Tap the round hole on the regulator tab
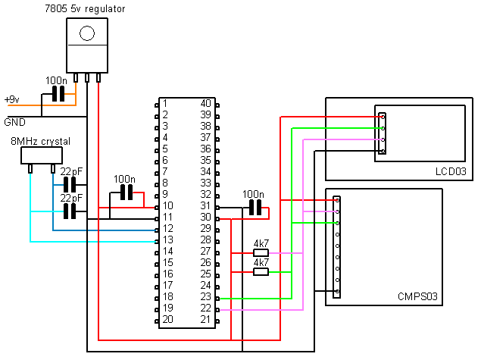tap(88, 33)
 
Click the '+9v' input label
tap(12, 99)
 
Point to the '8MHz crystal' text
tap(40, 142)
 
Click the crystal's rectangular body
tap(40, 155)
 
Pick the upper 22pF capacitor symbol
tap(70, 184)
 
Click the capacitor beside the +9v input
tap(57, 94)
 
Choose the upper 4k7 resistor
tap(261, 253)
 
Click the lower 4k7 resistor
tap(261, 271)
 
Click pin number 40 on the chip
tap(205, 103)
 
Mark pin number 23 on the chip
tap(205, 296)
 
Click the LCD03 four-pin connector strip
tap(383, 134)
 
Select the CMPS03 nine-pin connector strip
tap(337, 246)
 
